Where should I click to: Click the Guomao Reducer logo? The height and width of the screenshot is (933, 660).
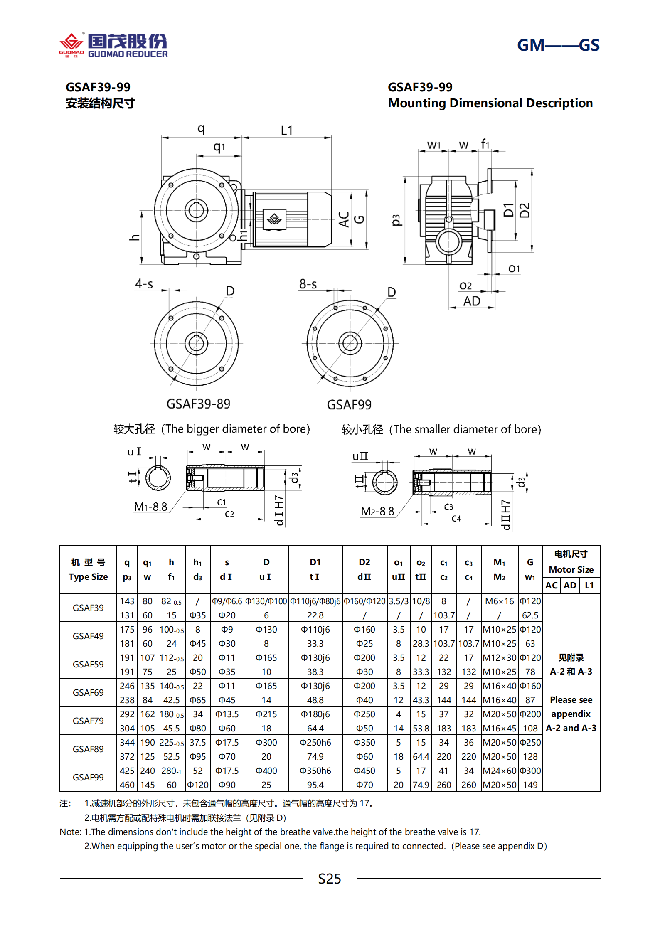pos(113,45)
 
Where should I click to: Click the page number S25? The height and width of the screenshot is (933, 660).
pos(329,879)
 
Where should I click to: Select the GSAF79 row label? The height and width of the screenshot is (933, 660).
pos(88,721)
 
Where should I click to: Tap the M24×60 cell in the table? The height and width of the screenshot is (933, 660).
pos(499,771)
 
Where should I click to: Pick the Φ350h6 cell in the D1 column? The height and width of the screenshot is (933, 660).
pos(315,771)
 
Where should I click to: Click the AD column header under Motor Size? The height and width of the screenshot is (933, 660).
pos(569,585)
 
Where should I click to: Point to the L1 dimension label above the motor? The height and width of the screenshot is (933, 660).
pos(287,130)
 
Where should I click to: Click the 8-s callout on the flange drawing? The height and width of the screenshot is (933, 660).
pos(308,284)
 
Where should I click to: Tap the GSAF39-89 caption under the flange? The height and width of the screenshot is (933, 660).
pos(198,404)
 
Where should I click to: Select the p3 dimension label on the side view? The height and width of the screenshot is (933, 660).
pos(396,220)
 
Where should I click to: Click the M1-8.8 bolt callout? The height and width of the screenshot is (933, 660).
pos(150,507)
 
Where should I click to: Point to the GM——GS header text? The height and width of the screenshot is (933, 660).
pos(558,45)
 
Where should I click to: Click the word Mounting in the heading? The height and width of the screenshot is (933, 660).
pos(417,103)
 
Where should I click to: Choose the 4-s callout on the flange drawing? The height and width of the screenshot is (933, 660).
pos(144,284)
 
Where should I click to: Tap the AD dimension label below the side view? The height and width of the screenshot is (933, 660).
pos(472,301)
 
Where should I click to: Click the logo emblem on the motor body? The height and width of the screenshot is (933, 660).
pos(274,219)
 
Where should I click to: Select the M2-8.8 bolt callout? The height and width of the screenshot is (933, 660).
pos(377,511)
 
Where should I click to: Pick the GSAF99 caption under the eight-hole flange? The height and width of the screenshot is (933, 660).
pos(349,404)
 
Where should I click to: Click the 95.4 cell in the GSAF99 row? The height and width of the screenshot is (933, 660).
pos(315,785)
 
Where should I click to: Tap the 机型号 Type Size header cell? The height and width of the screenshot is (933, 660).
pos(88,569)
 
